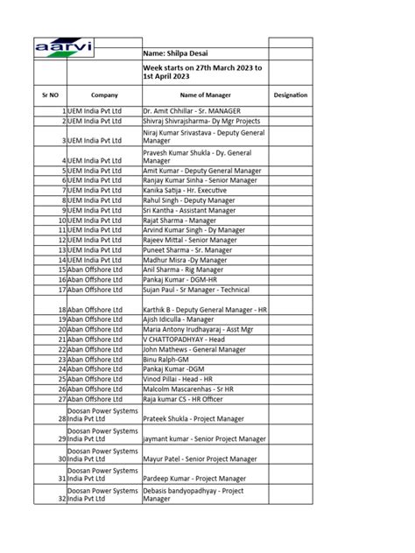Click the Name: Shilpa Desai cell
pyautogui.click(x=175, y=53)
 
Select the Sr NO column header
pyautogui.click(x=50, y=94)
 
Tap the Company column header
pyautogui.click(x=103, y=94)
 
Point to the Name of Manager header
pyautogui.click(x=203, y=94)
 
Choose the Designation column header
pyautogui.click(x=291, y=94)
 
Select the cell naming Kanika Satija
pyautogui.click(x=184, y=189)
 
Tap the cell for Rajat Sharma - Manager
pyautogui.click(x=179, y=220)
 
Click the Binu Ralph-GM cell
pyautogui.click(x=167, y=359)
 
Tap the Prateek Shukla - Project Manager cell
pyautogui.click(x=193, y=419)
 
